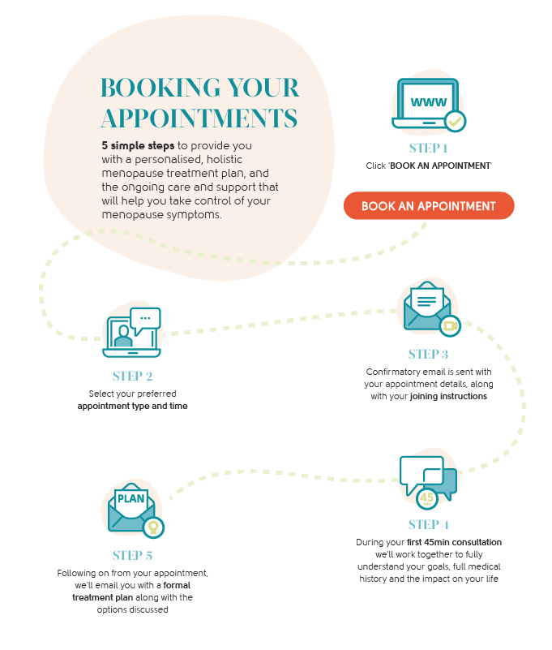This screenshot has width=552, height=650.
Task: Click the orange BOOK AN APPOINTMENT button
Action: tap(428, 206)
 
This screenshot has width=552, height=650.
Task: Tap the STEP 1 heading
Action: tap(428, 149)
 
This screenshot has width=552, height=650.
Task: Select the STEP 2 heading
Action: tap(132, 377)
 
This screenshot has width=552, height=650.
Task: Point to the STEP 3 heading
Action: tap(428, 355)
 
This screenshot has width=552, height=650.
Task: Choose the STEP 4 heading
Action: tap(428, 524)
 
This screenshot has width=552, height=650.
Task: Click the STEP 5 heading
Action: tap(132, 556)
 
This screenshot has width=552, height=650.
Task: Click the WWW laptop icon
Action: tap(424, 104)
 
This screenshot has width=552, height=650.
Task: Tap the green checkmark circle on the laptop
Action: tap(456, 122)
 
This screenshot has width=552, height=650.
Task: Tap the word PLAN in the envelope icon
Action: tap(131, 498)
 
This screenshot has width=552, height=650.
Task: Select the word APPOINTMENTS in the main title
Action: tap(198, 117)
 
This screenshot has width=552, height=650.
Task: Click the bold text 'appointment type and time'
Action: tap(132, 406)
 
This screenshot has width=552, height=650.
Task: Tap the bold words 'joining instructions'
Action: tap(448, 397)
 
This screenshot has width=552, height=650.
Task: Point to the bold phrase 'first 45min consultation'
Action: tap(454, 542)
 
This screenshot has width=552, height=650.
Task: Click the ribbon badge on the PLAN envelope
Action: tap(152, 527)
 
